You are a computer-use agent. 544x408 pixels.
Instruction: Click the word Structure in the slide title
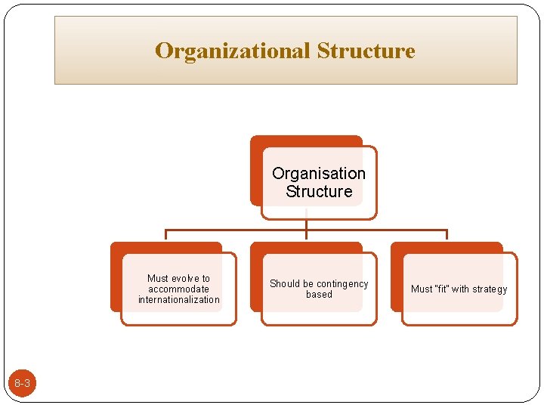(x=366, y=51)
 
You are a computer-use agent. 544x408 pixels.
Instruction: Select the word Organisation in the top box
(x=318, y=173)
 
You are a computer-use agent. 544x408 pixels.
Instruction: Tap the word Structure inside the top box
(x=319, y=191)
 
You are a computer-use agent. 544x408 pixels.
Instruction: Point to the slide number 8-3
(x=22, y=384)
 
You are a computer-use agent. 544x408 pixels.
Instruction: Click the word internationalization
(x=179, y=300)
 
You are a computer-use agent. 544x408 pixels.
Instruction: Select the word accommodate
(x=179, y=289)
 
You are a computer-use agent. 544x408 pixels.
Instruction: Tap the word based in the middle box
(x=319, y=295)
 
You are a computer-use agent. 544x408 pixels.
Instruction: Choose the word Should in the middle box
(x=285, y=283)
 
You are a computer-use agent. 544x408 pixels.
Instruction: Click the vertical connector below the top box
(x=306, y=224)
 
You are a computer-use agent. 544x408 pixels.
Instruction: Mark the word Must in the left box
(x=157, y=278)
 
